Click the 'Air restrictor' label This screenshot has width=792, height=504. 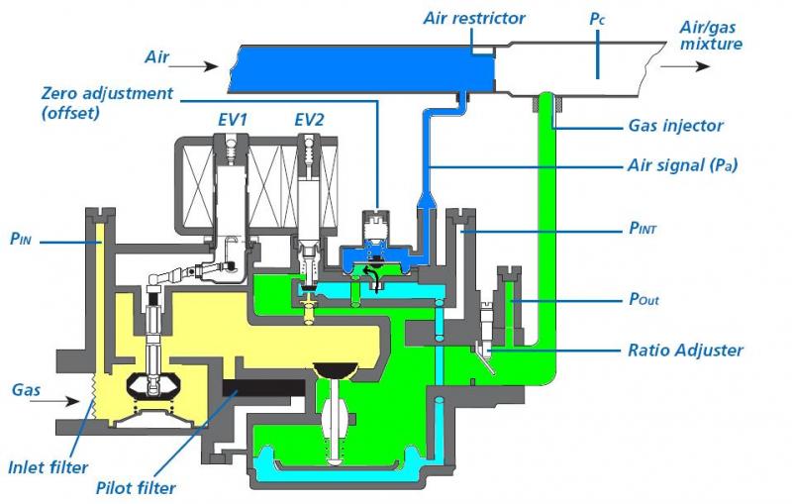(x=473, y=17)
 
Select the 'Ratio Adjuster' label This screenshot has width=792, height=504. (x=684, y=349)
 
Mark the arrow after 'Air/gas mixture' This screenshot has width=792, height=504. (x=686, y=66)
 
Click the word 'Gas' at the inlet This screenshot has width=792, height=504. (x=27, y=389)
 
